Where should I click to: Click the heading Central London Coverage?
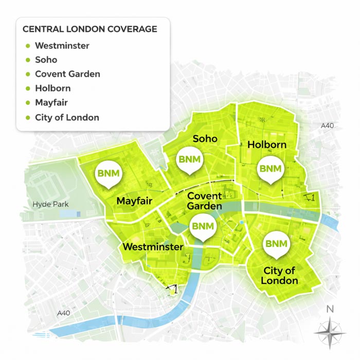90,29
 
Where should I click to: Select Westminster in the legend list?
62,46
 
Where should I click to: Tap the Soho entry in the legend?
46,60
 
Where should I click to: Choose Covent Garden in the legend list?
67,74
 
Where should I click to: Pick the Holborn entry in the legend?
52,88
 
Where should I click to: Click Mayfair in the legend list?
51,103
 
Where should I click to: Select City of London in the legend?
67,117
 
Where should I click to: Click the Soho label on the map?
205,139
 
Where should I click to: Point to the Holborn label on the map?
266,145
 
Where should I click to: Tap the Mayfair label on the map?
134,201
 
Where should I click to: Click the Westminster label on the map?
153,247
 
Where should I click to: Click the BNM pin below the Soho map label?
188,160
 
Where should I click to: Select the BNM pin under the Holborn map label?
271,169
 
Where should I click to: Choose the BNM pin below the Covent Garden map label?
202,227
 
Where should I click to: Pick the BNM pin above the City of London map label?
276,244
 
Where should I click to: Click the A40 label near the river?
63,313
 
